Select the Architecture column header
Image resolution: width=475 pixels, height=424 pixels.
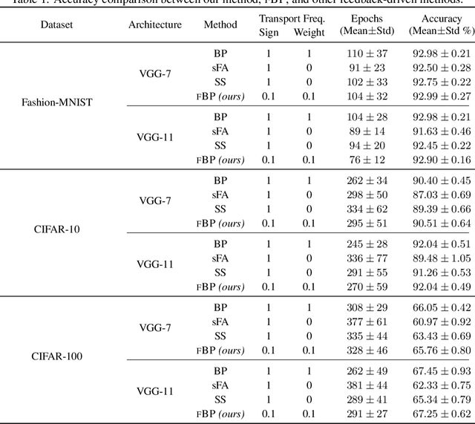[x=154, y=25]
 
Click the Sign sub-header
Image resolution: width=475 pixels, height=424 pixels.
[x=268, y=32]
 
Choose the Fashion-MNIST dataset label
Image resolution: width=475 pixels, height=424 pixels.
[x=57, y=102]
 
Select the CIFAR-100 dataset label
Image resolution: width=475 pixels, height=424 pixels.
[x=57, y=356]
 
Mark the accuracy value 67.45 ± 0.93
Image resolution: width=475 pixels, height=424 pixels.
[x=442, y=371]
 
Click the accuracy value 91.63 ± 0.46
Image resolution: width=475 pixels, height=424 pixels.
[x=442, y=131]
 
